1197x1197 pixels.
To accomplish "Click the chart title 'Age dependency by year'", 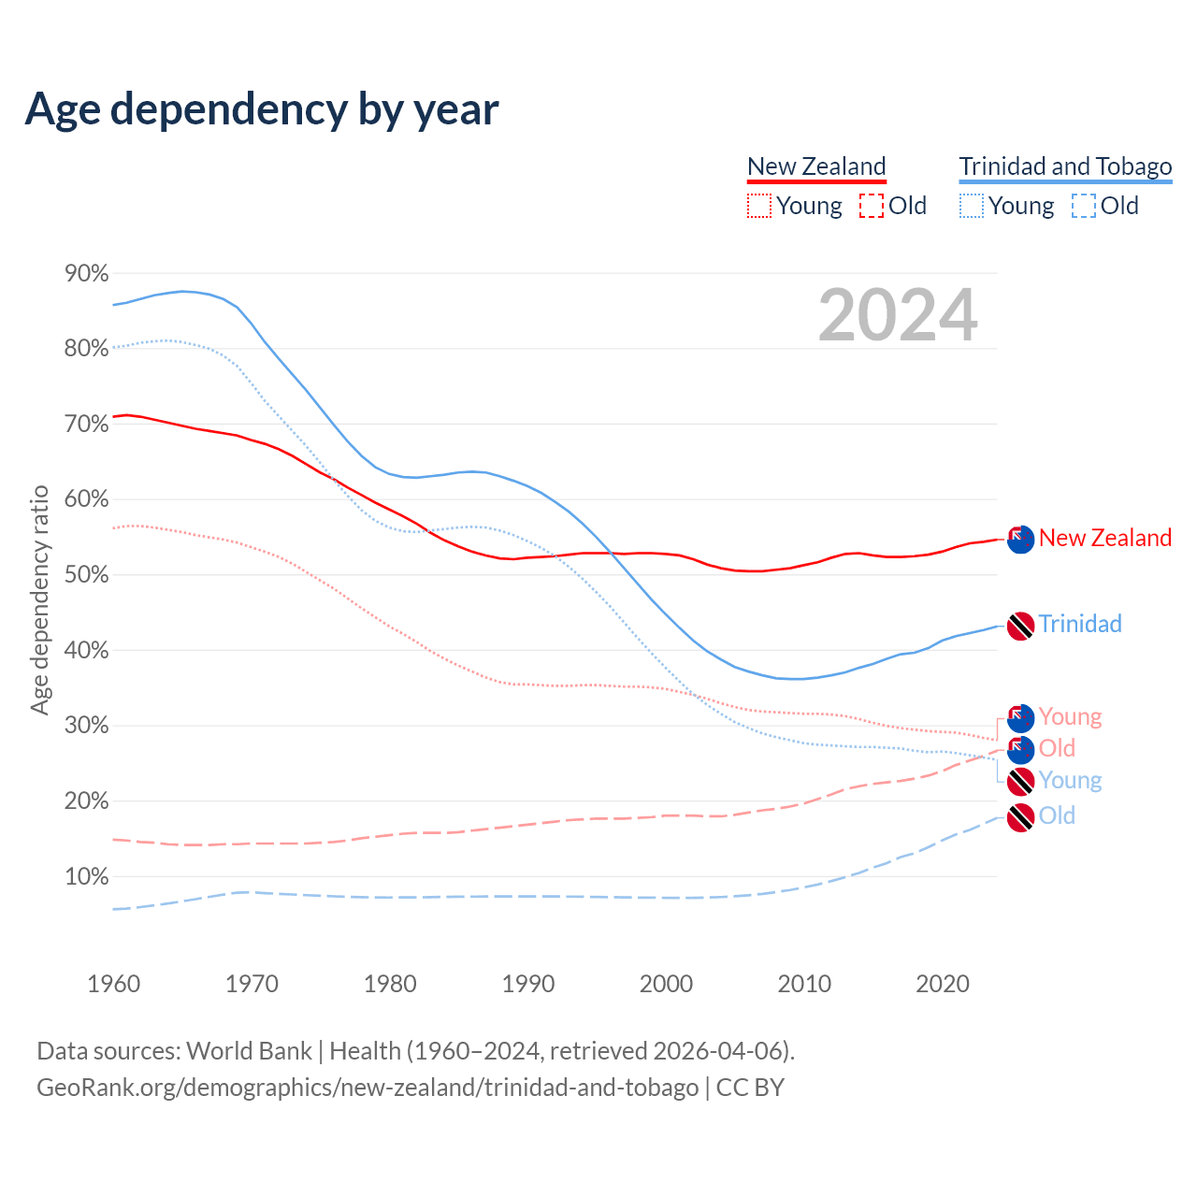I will pyautogui.click(x=262, y=109).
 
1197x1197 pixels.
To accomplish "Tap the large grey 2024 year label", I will pyautogui.click(x=898, y=315).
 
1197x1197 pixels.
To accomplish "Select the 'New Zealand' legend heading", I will pyautogui.click(x=816, y=166).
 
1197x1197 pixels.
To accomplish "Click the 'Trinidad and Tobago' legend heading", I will pyautogui.click(x=1065, y=166).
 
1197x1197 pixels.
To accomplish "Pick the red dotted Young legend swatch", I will pyautogui.click(x=759, y=206).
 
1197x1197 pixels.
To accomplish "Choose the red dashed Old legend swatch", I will pyautogui.click(x=872, y=206).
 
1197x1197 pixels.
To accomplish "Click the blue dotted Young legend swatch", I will pyautogui.click(x=972, y=206).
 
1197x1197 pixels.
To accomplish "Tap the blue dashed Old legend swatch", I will pyautogui.click(x=1084, y=206).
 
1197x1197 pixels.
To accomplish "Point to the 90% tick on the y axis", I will pyautogui.click(x=86, y=273).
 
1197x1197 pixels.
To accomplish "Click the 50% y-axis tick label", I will pyautogui.click(x=86, y=574).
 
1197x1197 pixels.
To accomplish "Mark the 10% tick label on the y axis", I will pyautogui.click(x=86, y=876).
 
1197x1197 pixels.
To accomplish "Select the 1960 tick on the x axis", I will pyautogui.click(x=113, y=984).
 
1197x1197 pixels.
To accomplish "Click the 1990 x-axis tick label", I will pyautogui.click(x=528, y=984).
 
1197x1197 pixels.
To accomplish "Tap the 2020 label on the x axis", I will pyautogui.click(x=943, y=984).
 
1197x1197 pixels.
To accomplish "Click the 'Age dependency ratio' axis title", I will pyautogui.click(x=39, y=599).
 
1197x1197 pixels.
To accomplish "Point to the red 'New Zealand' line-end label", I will pyautogui.click(x=1104, y=538).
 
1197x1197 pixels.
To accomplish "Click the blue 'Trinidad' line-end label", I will pyautogui.click(x=1079, y=624).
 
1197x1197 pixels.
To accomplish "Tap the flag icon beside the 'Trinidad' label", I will pyautogui.click(x=1020, y=626).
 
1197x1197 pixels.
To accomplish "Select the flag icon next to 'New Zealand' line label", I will pyautogui.click(x=1020, y=539).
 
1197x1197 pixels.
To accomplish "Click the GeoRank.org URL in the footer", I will pyautogui.click(x=368, y=1088).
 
